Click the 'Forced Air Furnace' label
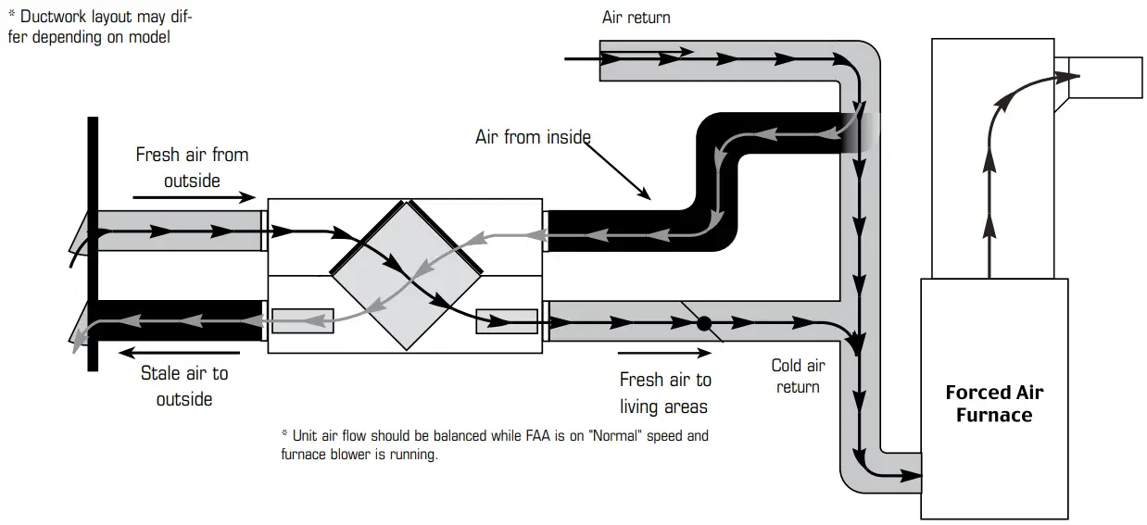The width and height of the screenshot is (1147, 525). pos(994,404)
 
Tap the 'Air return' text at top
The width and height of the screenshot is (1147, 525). pos(636,18)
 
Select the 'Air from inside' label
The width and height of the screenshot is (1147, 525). pos(533,137)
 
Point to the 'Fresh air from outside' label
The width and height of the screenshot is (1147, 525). pos(192,167)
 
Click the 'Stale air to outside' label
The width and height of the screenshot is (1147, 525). pos(183,386)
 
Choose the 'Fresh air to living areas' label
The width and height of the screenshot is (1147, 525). pos(664,393)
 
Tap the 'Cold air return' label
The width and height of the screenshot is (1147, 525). pos(798,376)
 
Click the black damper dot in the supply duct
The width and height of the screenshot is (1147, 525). pos(703,324)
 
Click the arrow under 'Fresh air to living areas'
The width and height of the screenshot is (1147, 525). pos(664,353)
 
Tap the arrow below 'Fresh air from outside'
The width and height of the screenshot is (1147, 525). pos(194,197)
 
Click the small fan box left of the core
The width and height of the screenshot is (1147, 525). pos(302,320)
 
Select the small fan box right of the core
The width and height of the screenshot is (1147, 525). pos(506,320)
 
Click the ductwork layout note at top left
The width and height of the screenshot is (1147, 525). pos(100,27)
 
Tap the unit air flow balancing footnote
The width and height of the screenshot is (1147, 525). pos(494,444)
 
